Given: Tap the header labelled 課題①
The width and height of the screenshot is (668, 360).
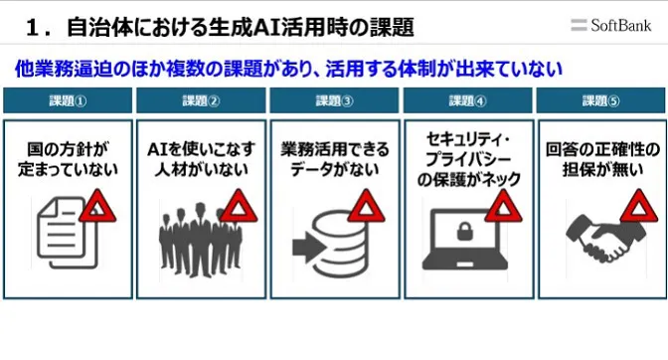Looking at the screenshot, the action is [x=68, y=100].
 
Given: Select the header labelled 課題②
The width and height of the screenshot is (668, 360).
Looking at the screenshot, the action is [x=201, y=100].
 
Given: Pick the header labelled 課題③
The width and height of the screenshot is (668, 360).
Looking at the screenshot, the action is [x=334, y=100].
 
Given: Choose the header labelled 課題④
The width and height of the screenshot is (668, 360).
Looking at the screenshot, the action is [x=467, y=100].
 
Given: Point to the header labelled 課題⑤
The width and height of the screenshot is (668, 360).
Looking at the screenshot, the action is [x=600, y=100].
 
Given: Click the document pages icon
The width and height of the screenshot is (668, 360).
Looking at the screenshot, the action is [x=63, y=227].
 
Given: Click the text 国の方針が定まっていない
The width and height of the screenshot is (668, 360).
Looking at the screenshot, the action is [x=68, y=159].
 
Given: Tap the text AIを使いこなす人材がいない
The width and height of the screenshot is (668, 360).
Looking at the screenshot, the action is [x=201, y=159].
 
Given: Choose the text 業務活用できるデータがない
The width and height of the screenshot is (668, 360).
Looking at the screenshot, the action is [x=334, y=159].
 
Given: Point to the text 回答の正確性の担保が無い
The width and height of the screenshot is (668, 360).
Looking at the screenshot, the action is [x=600, y=159].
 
